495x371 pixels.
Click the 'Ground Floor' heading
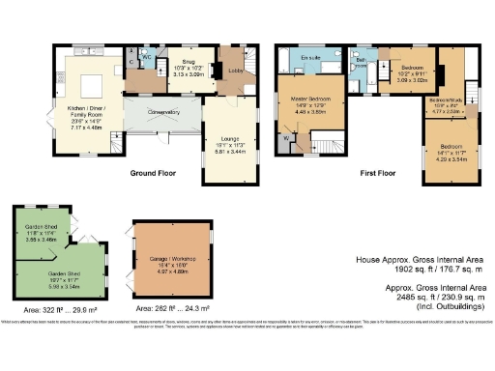tap(153, 175)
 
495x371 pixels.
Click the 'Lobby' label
tap(235, 71)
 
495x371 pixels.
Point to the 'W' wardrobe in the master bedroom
tap(287, 136)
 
